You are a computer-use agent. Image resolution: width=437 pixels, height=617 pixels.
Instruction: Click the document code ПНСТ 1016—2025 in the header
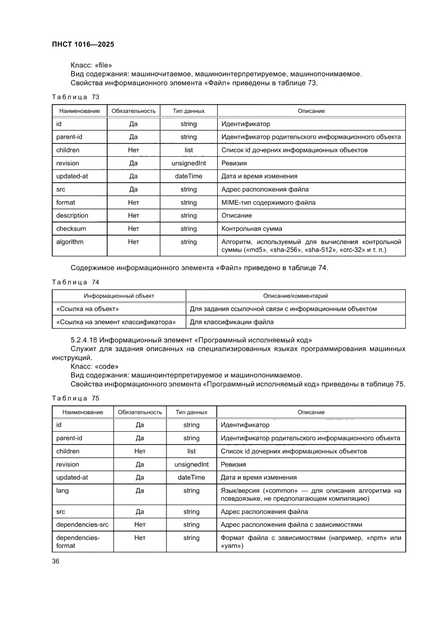click(x=83, y=45)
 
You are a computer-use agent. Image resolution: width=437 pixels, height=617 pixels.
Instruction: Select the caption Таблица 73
click(x=75, y=97)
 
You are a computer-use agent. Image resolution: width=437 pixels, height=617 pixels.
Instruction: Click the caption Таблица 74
click(x=75, y=282)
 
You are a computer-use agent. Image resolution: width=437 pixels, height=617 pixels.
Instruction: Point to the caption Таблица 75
click(x=75, y=398)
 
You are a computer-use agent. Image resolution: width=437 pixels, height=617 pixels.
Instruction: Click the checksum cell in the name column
click(x=71, y=229)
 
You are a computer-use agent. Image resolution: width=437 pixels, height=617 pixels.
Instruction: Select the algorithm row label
click(x=70, y=242)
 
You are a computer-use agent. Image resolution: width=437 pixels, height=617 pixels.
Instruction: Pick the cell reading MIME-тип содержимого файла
click(x=268, y=202)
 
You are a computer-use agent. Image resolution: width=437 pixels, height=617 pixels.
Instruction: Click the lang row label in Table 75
click(x=62, y=490)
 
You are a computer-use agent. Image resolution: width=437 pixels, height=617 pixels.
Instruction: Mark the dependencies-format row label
click(x=78, y=542)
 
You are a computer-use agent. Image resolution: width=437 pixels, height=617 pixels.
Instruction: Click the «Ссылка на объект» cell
click(x=87, y=309)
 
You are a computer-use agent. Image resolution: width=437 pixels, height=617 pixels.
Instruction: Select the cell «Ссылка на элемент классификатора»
click(x=116, y=321)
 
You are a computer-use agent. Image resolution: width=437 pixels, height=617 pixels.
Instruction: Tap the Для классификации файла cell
click(x=231, y=321)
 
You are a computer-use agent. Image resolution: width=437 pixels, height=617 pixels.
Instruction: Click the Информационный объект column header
click(x=119, y=296)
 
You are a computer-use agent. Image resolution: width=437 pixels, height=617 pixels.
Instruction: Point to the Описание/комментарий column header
click(x=295, y=296)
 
